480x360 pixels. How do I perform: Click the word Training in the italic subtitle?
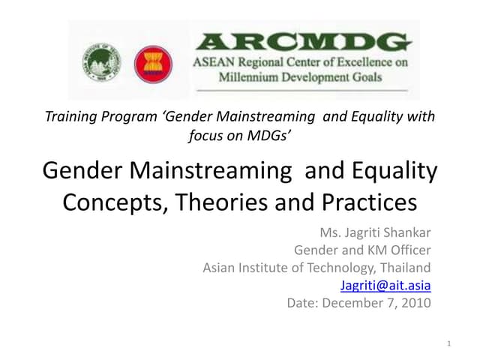coord(70,117)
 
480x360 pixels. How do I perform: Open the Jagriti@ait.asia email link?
coord(385,286)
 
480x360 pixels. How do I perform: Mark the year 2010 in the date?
coord(417,304)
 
